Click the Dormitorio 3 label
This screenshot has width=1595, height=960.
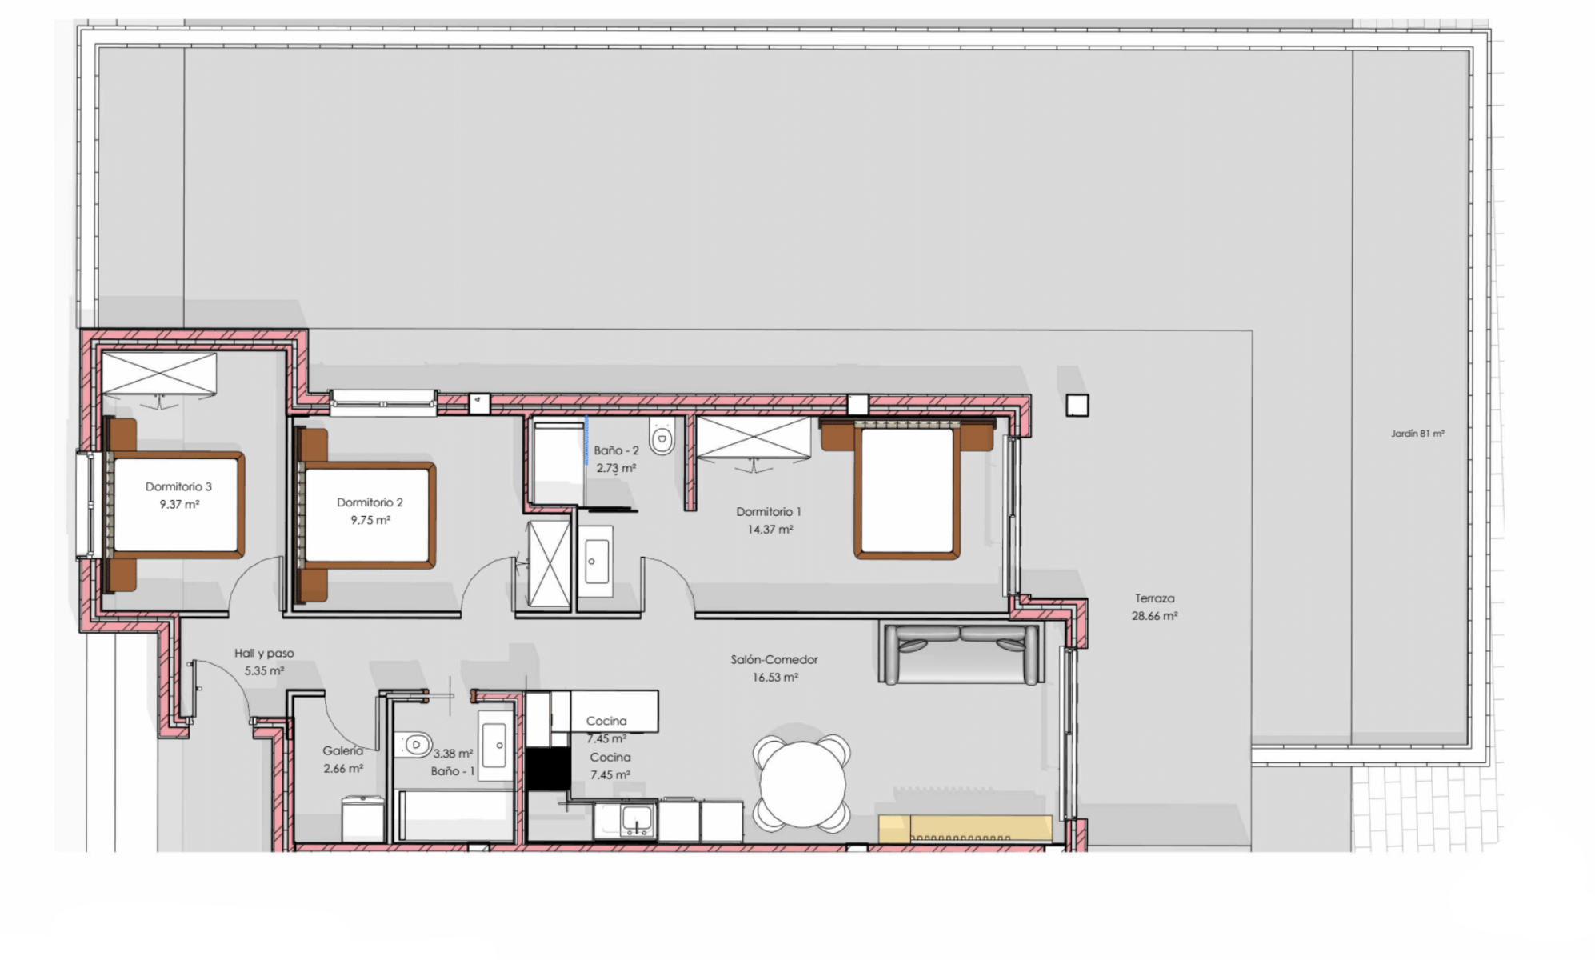178,486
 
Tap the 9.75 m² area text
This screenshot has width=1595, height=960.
370,520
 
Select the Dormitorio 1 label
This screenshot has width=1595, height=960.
768,512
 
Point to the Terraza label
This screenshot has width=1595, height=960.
1154,598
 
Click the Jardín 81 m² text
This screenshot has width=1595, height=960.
1417,434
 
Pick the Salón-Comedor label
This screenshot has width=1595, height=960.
774,660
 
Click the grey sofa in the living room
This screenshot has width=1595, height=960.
960,654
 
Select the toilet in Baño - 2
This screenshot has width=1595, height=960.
662,437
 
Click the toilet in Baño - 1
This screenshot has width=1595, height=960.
414,745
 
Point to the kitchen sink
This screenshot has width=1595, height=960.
637,819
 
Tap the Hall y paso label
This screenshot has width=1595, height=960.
264,654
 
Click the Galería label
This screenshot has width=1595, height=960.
342,751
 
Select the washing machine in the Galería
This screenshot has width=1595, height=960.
364,818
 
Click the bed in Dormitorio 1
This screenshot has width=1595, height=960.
907,488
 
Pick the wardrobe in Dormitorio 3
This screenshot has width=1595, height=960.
159,374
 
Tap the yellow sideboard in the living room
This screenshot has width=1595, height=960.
965,828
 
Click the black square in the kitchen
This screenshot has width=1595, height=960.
548,769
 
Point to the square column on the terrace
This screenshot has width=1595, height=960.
1077,406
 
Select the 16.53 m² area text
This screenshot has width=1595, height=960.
774,678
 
